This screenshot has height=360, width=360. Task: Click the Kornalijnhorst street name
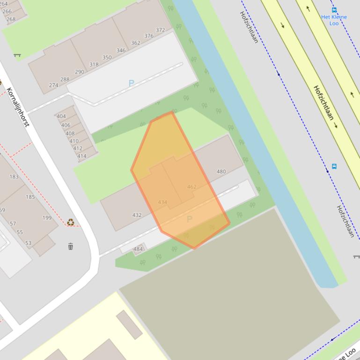click(18, 107)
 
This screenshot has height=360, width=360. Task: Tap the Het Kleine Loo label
click(334, 20)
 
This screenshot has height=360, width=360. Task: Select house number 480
click(221, 172)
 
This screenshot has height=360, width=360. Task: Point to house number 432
click(137, 215)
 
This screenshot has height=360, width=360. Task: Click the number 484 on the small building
click(138, 249)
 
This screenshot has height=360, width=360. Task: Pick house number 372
click(161, 30)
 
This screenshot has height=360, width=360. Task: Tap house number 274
click(53, 85)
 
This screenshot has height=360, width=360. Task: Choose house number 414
click(82, 156)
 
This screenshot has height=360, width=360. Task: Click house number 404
click(61, 116)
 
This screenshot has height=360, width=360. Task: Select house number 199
click(47, 218)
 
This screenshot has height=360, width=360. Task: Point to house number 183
click(14, 177)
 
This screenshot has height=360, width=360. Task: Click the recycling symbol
click(71, 223)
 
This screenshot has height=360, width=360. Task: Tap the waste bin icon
click(71, 246)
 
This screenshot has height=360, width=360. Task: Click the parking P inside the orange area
click(189, 219)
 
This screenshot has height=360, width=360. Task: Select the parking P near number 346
click(131, 83)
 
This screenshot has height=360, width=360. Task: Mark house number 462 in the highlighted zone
click(191, 187)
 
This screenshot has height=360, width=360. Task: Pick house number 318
click(94, 65)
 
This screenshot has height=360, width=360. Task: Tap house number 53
click(28, 243)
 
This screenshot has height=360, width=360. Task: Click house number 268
click(11, 19)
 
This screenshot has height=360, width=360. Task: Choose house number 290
click(80, 72)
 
